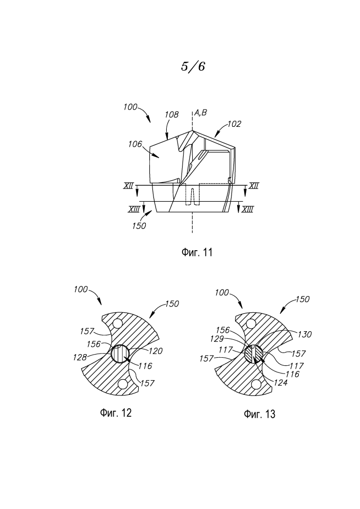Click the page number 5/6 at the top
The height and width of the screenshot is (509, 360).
coord(193,67)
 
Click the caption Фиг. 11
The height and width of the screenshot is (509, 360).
coord(196,252)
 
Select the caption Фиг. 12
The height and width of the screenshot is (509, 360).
coord(116,413)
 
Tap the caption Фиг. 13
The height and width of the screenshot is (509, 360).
coord(259,414)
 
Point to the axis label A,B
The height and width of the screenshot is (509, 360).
coord(200,113)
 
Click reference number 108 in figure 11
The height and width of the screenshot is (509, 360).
coord(171,114)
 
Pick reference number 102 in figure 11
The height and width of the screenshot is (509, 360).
coord(234,124)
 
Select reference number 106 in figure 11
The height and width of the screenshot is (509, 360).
coord(135,144)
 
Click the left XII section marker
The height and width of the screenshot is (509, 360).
coord(128,185)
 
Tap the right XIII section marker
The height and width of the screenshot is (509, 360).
coord(248,209)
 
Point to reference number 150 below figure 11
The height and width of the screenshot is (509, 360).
coord(139,226)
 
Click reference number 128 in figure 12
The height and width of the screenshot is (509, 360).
coord(80,357)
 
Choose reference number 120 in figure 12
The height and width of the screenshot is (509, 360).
coord(156,351)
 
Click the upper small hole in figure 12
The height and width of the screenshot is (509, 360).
coord(116,324)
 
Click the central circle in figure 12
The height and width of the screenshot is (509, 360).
coord(120,354)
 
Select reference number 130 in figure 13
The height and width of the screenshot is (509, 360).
coord(305,334)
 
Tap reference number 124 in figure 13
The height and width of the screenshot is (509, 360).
coord(281,383)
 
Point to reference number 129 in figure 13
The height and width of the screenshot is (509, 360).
coord(217,339)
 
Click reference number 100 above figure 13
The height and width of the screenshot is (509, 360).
coord(222,292)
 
